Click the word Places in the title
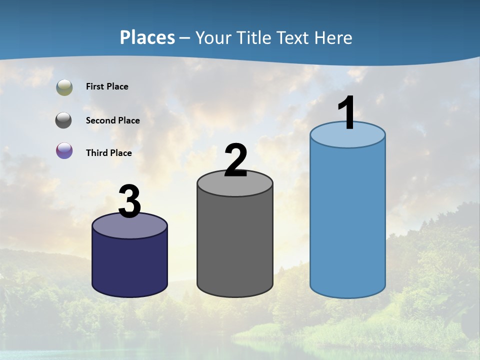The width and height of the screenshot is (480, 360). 147,37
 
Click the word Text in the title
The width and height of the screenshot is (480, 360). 295,37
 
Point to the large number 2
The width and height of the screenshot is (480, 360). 235,160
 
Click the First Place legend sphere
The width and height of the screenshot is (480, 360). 64,87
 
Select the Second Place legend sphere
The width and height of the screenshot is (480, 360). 64,120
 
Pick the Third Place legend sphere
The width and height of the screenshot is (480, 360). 64,150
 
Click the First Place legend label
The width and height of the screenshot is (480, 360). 107,86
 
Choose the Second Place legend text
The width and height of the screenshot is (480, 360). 112,120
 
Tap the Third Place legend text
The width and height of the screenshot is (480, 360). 109,153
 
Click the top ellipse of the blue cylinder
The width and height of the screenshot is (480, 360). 347,138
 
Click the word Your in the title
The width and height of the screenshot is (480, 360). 213,37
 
